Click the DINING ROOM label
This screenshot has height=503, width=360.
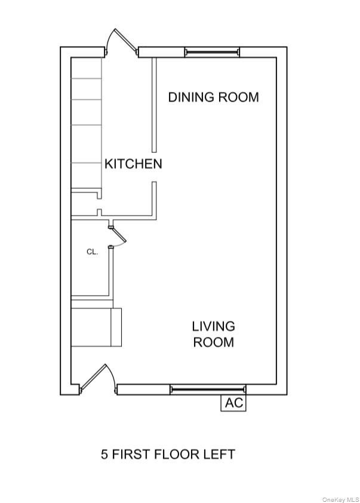coord(213,97)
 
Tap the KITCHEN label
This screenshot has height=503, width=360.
coord(133,164)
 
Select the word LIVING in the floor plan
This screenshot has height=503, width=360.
coord(213,326)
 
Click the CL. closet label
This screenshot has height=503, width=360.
coord(92,252)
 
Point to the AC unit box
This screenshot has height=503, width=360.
coord(234,403)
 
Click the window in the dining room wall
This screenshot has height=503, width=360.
coord(211,52)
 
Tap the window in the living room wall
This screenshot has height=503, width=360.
coord(207,389)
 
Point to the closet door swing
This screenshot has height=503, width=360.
coord(118,237)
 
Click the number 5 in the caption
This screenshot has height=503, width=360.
coord(104,454)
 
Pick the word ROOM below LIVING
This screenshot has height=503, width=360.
coord(213,342)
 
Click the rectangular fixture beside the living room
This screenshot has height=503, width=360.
coord(96,327)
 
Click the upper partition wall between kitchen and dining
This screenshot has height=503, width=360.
coord(153,105)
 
